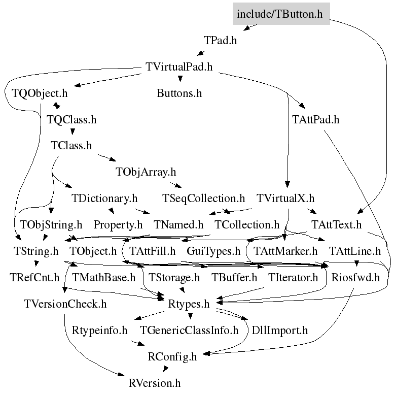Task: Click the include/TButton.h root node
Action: tap(280, 14)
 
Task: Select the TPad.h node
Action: tap(220, 41)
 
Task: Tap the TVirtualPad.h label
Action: tap(179, 67)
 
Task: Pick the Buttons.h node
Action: tap(179, 93)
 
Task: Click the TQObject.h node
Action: tap(40, 93)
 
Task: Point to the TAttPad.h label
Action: tap(315, 120)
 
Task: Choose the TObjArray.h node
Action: tap(146, 172)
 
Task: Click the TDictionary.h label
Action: tap(104, 198)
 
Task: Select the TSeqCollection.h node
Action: tap(203, 198)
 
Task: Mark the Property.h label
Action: tap(118, 224)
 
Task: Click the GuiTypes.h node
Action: tap(213, 251)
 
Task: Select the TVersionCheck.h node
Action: tap(65, 304)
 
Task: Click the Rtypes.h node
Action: tap(189, 304)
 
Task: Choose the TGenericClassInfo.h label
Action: tap(189, 330)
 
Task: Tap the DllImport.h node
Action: tap(279, 330)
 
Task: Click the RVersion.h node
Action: tap(155, 382)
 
